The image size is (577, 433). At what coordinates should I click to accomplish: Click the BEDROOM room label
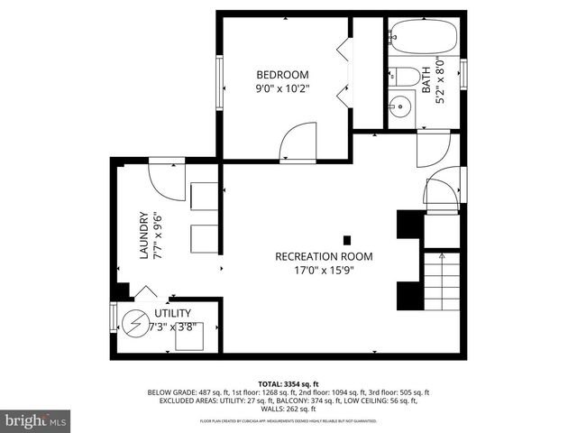click(282, 74)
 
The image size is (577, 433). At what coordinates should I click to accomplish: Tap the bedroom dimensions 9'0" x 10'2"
click(282, 89)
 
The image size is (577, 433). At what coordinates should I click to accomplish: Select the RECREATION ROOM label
click(324, 256)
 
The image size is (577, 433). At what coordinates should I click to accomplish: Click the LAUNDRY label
click(143, 235)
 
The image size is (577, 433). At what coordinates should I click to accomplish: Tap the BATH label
click(426, 82)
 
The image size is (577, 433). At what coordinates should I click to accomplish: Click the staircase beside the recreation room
click(442, 280)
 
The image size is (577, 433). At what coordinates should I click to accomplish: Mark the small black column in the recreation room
click(347, 240)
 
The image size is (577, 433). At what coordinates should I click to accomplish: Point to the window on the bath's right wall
click(463, 72)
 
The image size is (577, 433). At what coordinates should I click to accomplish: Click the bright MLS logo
click(36, 420)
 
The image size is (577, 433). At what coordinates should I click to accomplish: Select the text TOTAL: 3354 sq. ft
click(288, 383)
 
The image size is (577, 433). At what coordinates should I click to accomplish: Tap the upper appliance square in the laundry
click(204, 197)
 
